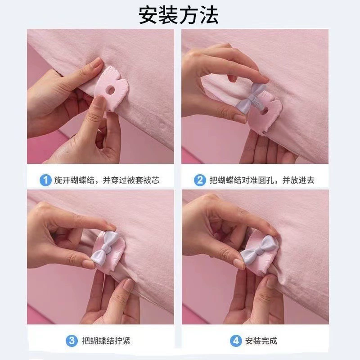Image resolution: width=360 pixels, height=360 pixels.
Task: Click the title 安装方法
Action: [178, 15]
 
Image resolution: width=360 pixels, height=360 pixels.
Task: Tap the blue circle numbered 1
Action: [45, 180]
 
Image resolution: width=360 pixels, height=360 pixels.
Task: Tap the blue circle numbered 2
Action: [200, 180]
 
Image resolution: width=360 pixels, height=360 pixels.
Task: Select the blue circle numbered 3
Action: [72, 341]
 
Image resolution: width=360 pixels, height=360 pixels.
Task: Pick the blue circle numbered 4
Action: [236, 341]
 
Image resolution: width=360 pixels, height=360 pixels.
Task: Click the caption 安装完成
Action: [261, 341]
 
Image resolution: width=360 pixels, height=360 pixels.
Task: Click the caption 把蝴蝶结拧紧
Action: [106, 341]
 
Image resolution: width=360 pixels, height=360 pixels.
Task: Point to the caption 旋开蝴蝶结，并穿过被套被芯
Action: [107, 180]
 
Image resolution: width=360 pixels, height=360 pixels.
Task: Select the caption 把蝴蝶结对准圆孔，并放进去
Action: [262, 180]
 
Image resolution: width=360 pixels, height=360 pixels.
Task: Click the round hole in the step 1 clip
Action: [111, 90]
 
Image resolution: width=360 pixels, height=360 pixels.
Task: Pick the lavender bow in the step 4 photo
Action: [258, 250]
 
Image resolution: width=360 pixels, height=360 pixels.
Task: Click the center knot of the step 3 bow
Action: [105, 247]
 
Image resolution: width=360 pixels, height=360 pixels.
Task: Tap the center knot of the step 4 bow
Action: [259, 250]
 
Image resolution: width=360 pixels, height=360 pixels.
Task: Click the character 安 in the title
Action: [148, 15]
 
